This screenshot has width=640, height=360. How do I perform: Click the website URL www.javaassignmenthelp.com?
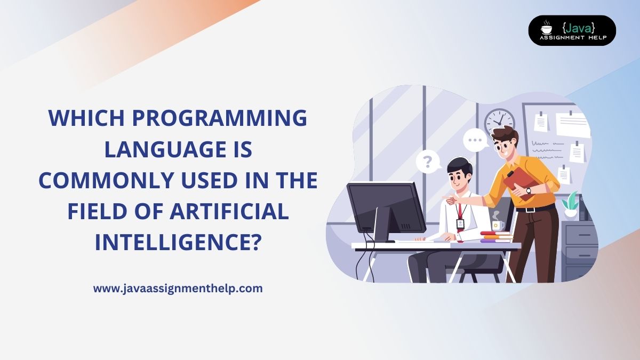tap(178, 289)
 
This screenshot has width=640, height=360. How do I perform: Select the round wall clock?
tap(499, 122)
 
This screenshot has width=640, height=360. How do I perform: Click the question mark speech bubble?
tap(427, 160)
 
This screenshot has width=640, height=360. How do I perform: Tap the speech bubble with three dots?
tap(474, 141)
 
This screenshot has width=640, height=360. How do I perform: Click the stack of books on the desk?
tap(495, 237)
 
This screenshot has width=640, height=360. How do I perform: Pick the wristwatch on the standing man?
tap(529, 190)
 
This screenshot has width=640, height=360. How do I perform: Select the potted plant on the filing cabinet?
tap(571, 204)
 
